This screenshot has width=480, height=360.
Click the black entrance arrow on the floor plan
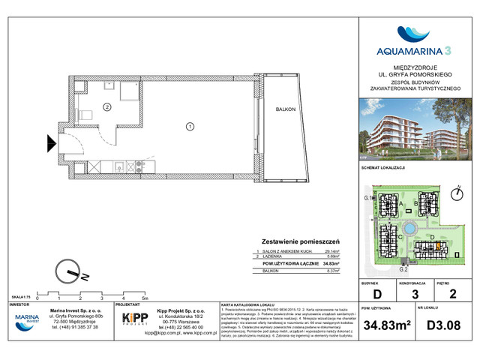(51, 140)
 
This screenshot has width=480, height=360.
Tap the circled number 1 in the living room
(190, 125)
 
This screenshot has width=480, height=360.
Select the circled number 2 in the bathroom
(106, 107)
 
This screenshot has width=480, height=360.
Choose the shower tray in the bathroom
(125, 94)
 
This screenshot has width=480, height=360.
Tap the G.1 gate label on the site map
(368, 197)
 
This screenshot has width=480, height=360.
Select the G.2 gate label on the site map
(403, 268)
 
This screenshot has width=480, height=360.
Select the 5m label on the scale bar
(144, 298)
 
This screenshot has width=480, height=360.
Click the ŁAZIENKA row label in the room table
(274, 256)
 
